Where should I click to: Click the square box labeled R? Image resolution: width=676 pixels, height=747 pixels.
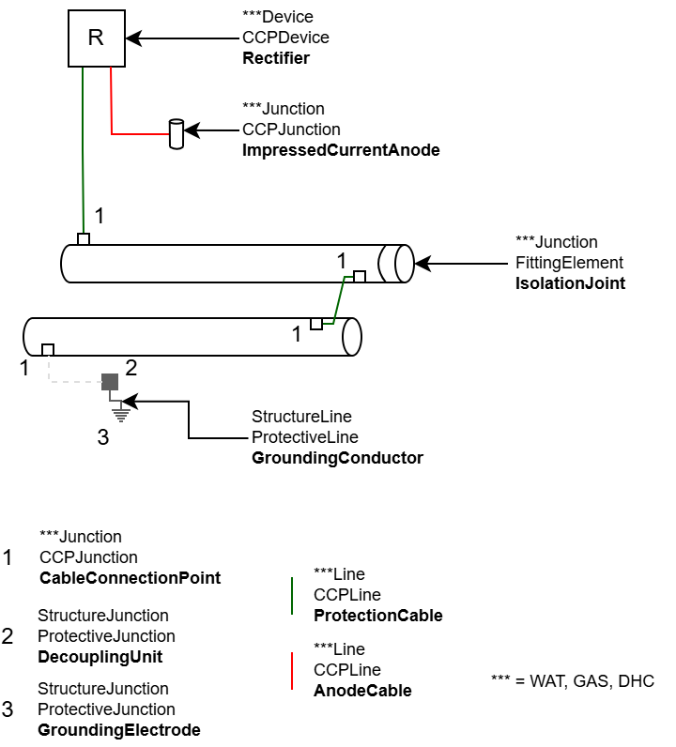tap(96, 38)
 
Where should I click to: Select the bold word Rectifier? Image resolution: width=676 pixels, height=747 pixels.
tap(275, 58)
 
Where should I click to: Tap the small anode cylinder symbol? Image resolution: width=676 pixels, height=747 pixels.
tap(176, 134)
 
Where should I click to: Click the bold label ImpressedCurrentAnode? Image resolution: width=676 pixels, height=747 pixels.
tap(340, 150)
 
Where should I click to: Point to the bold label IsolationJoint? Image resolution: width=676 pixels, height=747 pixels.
tap(570, 283)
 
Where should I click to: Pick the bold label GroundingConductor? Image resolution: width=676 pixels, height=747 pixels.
tap(337, 458)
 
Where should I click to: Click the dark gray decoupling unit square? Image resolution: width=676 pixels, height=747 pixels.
tap(110, 381)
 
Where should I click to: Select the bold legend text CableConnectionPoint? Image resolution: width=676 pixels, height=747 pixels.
tap(130, 578)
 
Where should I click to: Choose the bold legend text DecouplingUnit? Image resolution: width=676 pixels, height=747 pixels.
tap(100, 657)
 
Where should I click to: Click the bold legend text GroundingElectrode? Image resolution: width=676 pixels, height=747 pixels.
tap(118, 730)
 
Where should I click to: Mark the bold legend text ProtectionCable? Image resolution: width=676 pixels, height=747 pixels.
tap(377, 616)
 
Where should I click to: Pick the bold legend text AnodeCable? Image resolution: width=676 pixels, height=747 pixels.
tap(361, 691)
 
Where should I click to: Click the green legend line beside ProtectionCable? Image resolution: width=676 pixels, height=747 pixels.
tap(293, 595)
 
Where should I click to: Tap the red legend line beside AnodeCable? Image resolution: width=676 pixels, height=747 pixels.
tap(293, 670)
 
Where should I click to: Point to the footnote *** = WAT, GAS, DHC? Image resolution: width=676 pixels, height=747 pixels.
tap(572, 681)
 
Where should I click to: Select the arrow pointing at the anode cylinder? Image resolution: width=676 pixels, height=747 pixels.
tap(211, 130)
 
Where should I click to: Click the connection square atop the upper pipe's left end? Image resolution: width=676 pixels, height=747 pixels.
tap(84, 239)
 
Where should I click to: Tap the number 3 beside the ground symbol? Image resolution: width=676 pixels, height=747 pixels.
tap(103, 436)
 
